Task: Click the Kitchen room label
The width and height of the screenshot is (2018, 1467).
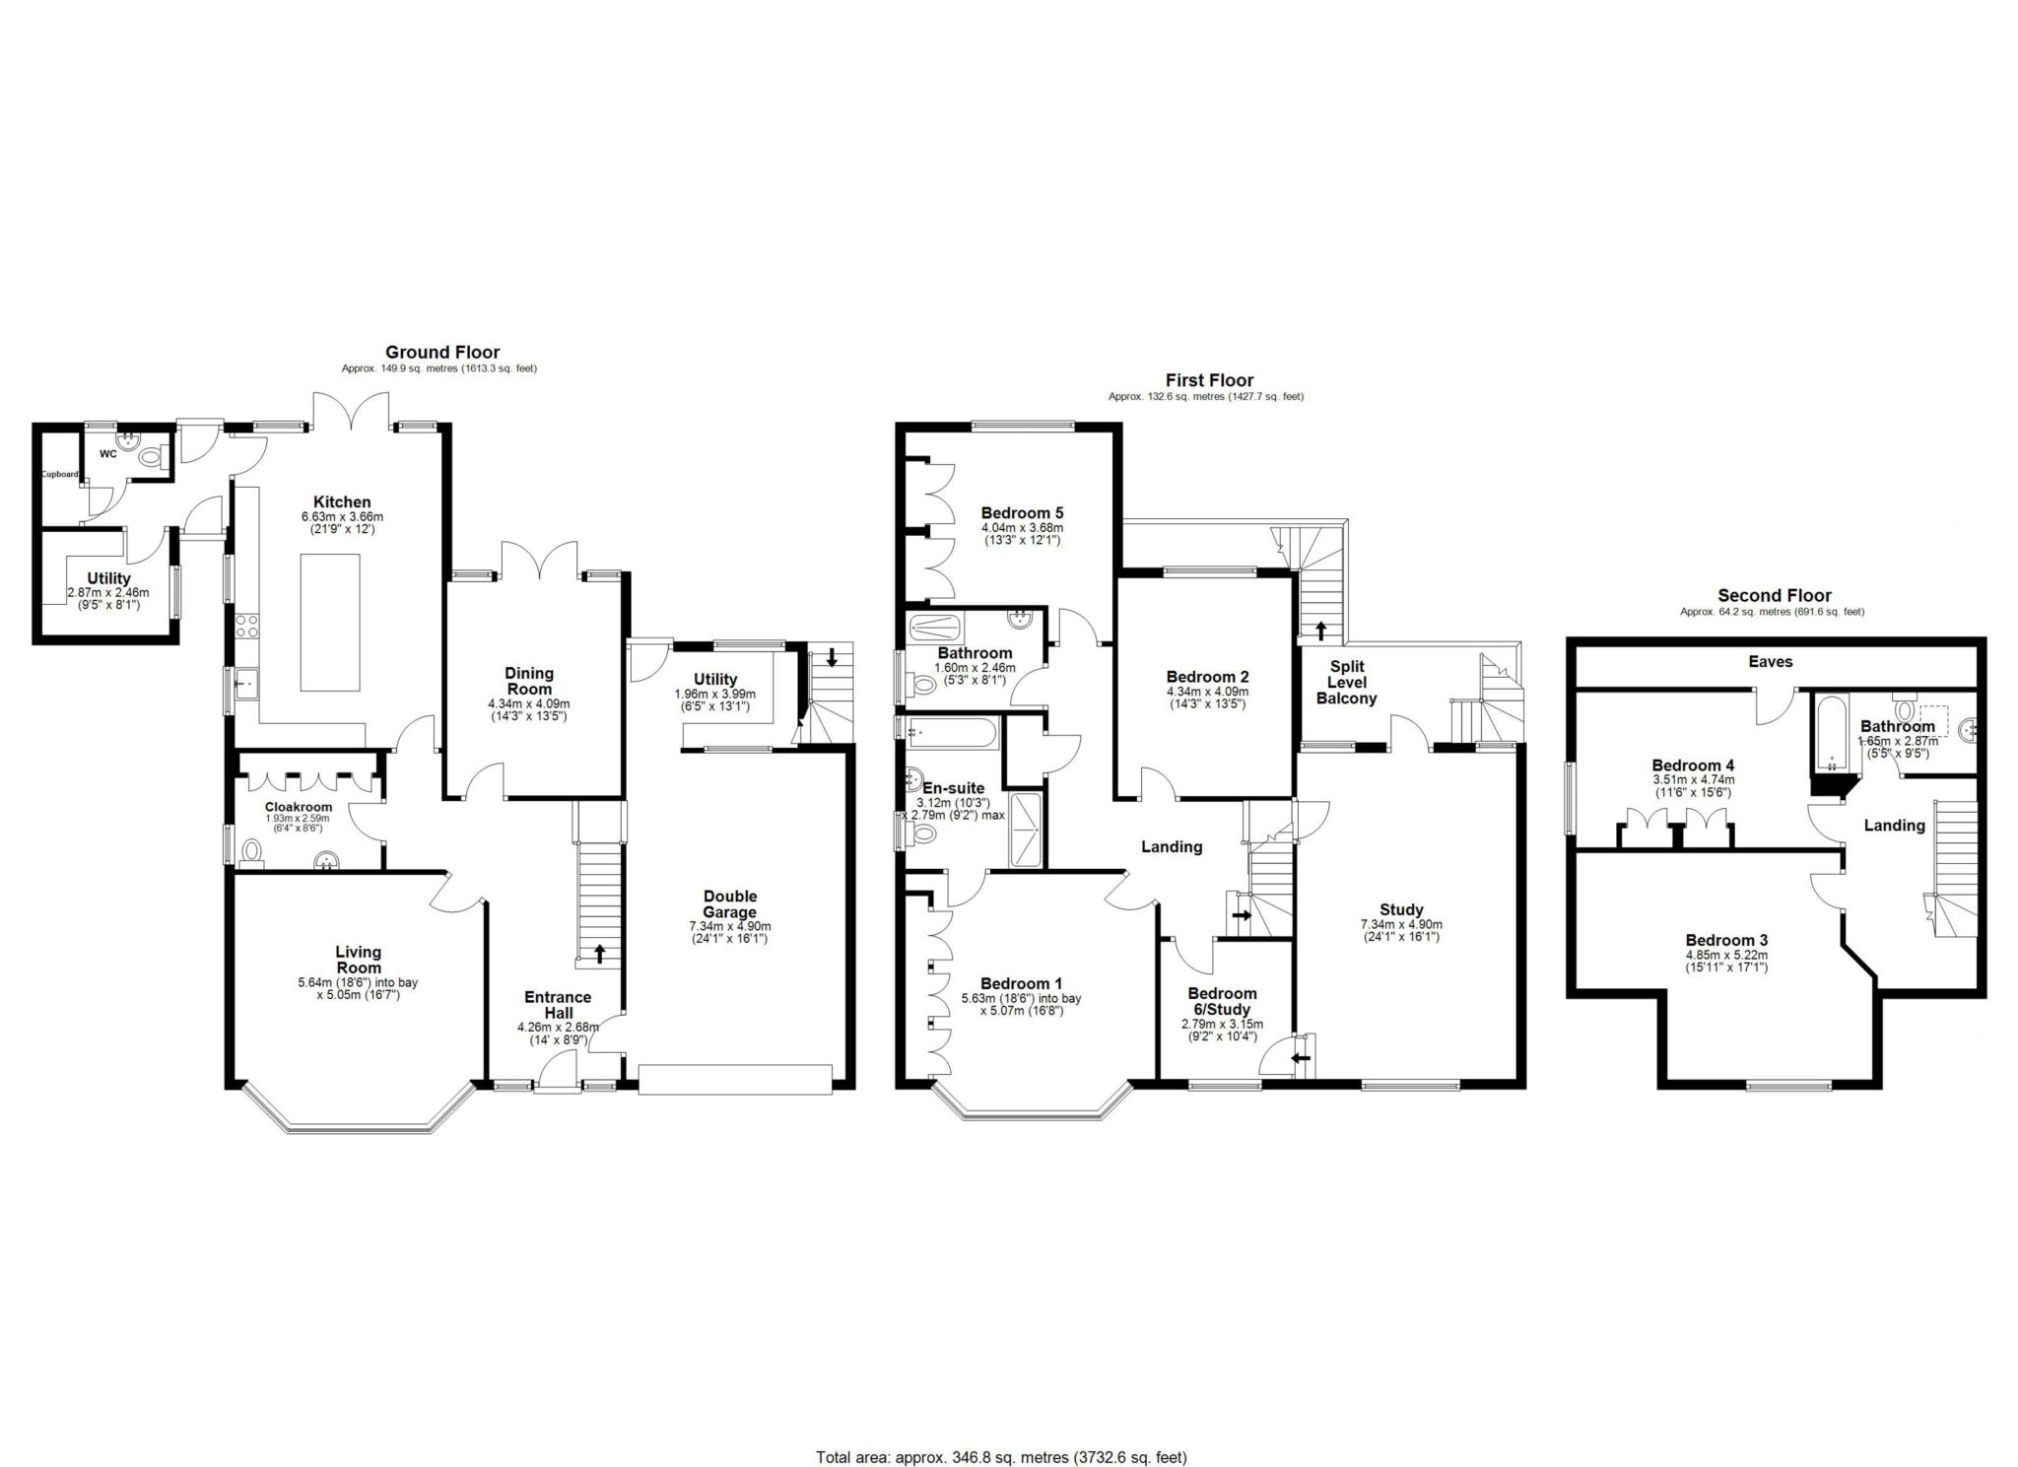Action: point(342,501)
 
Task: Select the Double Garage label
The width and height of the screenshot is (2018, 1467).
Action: point(730,903)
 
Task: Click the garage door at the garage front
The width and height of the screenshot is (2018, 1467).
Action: point(735,1079)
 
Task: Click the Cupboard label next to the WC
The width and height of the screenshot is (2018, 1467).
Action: point(59,474)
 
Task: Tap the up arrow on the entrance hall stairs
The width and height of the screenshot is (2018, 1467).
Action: point(599,954)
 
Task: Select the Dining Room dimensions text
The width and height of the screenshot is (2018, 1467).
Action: point(529,710)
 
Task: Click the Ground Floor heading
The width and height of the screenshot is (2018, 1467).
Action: point(441,352)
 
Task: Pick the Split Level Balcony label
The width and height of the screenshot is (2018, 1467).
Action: point(1346,682)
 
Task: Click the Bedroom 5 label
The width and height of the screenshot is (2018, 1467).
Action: point(1022,512)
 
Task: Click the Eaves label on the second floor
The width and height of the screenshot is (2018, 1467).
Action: point(1770,661)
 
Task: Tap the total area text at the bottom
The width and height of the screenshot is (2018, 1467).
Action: point(1001,1430)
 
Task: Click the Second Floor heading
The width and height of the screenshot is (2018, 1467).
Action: point(1774,595)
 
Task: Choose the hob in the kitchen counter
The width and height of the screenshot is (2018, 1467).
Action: point(247,627)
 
